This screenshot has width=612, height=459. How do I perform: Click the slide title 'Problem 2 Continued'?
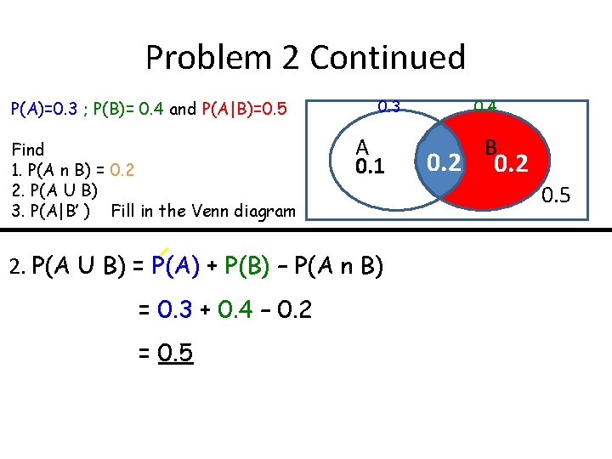(305, 58)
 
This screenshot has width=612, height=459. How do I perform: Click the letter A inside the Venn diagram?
(362, 147)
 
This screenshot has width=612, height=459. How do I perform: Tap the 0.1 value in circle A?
(370, 167)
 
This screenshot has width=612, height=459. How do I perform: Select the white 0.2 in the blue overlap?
(445, 161)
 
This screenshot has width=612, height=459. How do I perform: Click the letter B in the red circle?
(491, 148)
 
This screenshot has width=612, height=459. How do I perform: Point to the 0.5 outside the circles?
(557, 197)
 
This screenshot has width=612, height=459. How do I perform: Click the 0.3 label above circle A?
(388, 107)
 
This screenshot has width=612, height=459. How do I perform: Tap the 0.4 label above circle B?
(485, 107)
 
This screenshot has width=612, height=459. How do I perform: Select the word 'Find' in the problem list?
(28, 150)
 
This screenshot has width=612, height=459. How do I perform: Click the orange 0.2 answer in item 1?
(122, 170)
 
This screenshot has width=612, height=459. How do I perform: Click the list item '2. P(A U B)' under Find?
(53, 190)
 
